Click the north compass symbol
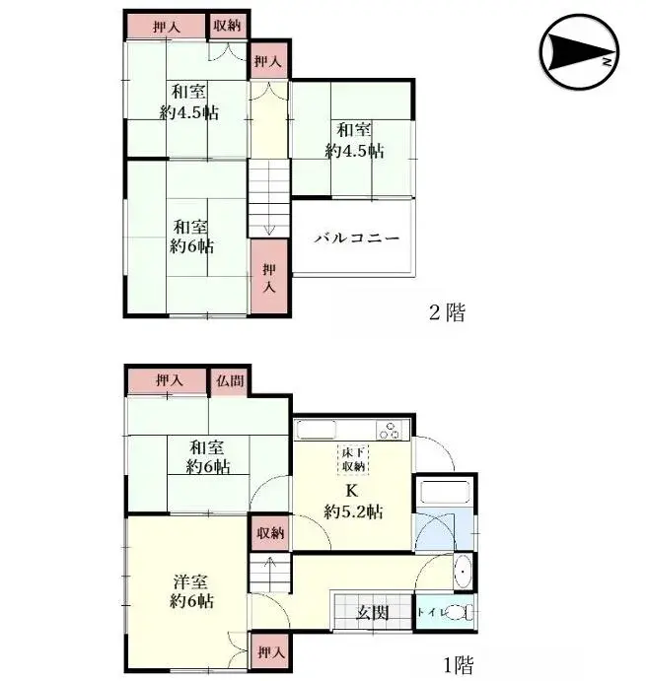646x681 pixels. [579, 51]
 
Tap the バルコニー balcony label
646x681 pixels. [356, 238]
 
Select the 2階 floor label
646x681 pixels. [446, 313]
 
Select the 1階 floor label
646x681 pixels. [456, 664]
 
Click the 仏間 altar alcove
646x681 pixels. [229, 379]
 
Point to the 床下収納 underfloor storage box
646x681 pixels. [354, 458]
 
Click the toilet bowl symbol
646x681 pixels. [457, 612]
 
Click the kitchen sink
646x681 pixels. [319, 430]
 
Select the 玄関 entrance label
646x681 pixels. [372, 613]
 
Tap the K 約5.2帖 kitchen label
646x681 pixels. [353, 502]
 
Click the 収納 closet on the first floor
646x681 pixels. [269, 533]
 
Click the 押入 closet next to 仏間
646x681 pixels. [169, 379]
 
